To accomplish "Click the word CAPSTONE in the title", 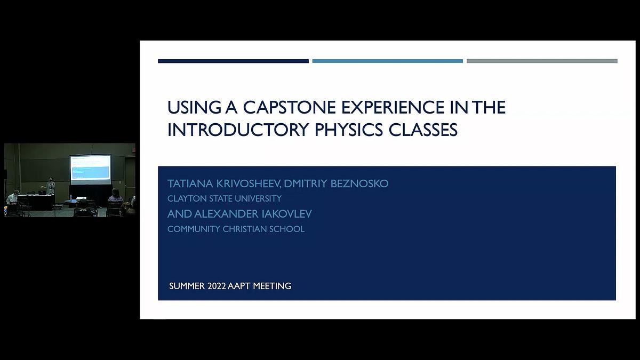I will click(290, 107).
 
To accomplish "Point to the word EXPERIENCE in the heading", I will click(393, 107).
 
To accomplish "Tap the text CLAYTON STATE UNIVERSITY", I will click(225, 198).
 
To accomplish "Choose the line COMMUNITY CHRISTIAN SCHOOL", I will click(236, 229).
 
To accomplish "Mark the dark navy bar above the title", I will click(233, 61).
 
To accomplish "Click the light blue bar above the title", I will click(387, 61).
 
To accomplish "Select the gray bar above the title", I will click(542, 61).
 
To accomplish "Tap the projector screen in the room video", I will click(90, 167).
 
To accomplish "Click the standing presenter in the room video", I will click(51, 187).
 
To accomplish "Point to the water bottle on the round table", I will click(71, 197).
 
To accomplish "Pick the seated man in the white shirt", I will click(13, 198).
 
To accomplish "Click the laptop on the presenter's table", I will click(42, 193).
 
